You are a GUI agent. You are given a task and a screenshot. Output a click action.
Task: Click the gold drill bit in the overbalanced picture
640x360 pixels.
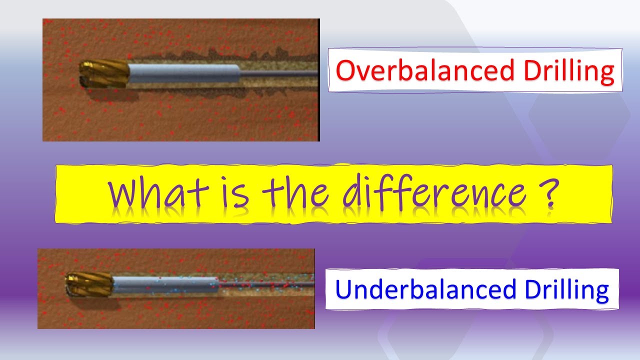(104, 75)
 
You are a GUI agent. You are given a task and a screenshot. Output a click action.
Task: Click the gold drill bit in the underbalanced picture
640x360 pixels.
(89, 284)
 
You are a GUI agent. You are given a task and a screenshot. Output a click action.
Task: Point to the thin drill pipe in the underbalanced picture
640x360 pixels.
(265, 284)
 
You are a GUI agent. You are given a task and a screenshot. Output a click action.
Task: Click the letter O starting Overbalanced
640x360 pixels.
(345, 71)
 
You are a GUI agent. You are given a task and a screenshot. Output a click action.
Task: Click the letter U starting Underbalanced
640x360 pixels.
(342, 289)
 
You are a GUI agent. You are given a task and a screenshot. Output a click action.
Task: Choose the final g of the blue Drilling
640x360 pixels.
(601, 292)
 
